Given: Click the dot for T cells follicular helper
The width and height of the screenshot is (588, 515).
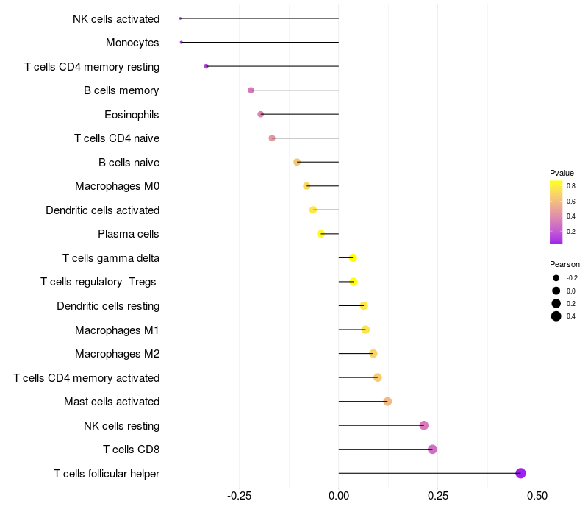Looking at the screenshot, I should [520, 473].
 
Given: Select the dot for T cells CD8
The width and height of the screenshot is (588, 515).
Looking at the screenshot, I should [432, 450].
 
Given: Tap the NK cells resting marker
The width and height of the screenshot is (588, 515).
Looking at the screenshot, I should [423, 425].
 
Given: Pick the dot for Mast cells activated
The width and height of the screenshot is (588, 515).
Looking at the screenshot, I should [387, 402].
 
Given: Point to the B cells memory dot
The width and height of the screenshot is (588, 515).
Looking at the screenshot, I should [251, 90].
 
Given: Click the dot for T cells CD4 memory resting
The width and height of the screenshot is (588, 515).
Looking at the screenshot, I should [206, 66].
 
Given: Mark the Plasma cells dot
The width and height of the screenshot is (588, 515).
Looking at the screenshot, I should [320, 234].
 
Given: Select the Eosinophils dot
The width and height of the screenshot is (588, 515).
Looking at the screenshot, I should [260, 114].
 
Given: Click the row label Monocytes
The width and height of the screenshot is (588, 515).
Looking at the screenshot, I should [132, 43].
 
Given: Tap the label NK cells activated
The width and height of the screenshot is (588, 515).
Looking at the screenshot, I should [116, 18].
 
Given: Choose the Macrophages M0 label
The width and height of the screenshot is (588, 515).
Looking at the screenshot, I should [117, 186].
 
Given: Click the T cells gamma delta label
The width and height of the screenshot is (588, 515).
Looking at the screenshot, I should [111, 258].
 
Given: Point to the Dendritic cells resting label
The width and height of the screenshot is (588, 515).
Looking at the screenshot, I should [108, 306].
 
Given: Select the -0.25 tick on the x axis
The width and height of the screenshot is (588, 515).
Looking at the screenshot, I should [240, 497].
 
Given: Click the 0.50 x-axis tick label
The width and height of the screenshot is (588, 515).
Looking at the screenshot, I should [537, 497].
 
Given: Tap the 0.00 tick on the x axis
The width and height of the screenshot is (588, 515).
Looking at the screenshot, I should [339, 497].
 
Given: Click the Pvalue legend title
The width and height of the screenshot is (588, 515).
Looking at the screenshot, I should [562, 173].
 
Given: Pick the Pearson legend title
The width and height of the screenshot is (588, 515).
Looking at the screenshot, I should [564, 264].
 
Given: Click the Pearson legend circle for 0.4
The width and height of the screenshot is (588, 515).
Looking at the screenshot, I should [556, 316].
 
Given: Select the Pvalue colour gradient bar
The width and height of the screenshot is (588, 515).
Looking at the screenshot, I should [556, 212].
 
